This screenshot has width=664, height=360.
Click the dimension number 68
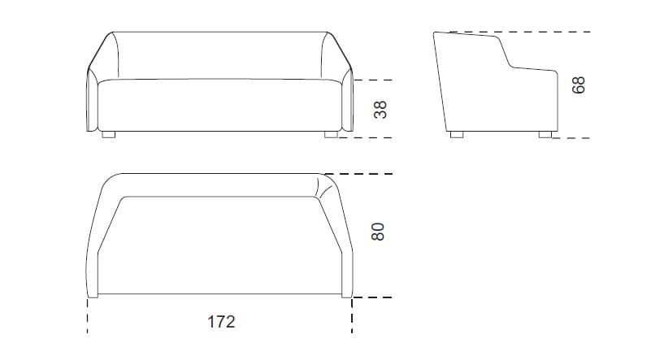pos(579,85)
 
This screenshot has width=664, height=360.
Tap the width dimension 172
pos(220,322)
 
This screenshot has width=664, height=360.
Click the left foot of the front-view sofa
pos(109,134)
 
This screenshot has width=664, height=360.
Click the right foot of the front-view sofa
pos(331,134)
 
